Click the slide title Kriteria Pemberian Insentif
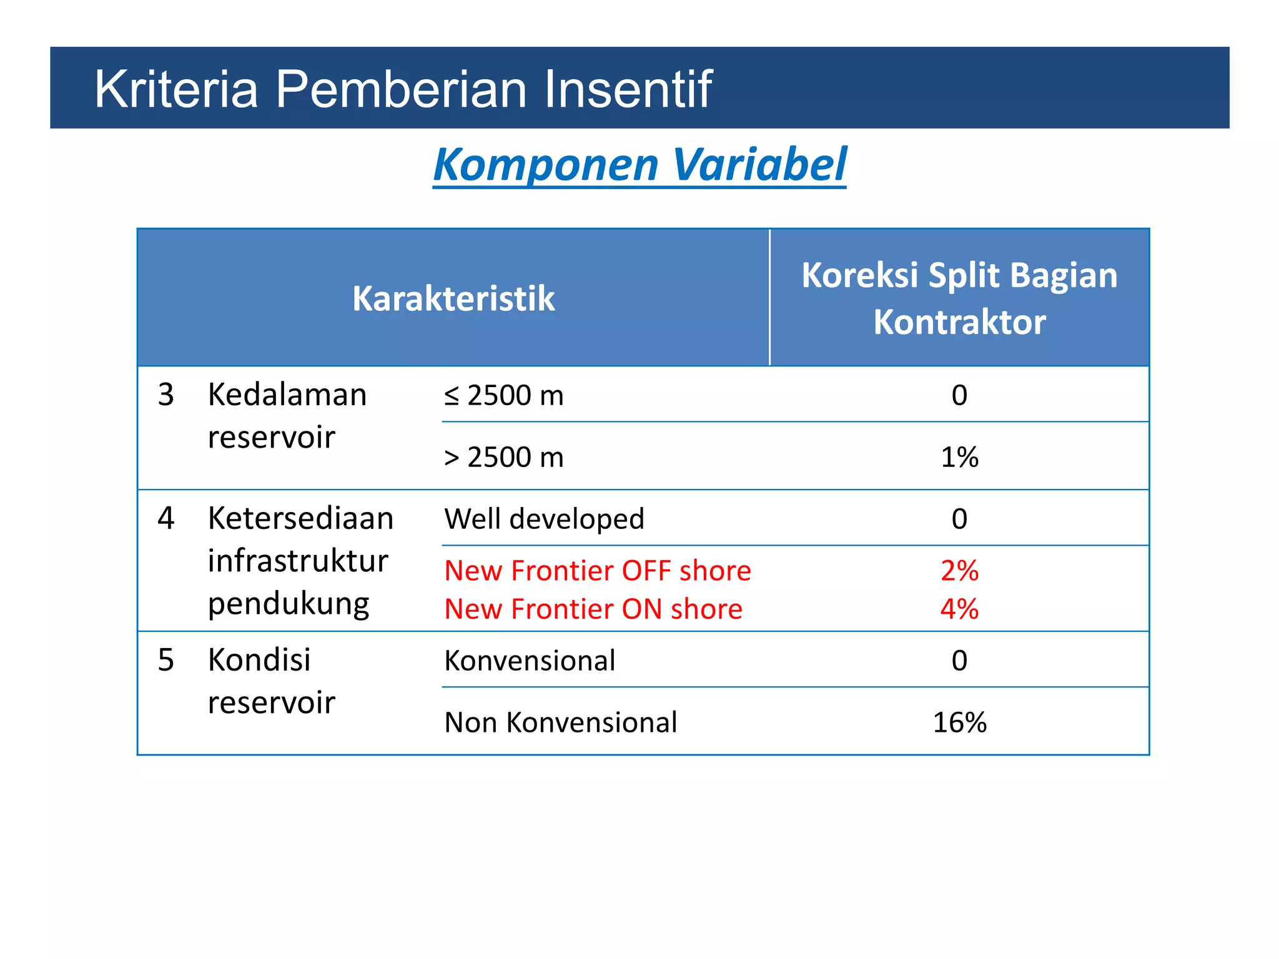tap(403, 89)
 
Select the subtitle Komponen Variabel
tap(639, 165)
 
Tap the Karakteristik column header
tap(453, 298)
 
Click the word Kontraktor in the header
tap(959, 322)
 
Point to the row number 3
tap(166, 395)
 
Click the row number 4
tap(166, 518)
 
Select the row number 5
tap(166, 660)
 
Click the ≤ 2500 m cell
tap(504, 395)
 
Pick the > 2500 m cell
tap(504, 457)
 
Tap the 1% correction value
tap(959, 457)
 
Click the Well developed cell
tap(544, 519)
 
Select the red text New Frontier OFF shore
tap(598, 571)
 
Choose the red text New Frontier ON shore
tap(593, 609)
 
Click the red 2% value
tap(959, 571)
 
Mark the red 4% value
tap(959, 609)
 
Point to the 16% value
tap(959, 722)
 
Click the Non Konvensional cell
tap(560, 722)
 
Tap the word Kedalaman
tap(287, 395)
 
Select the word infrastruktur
tap(298, 561)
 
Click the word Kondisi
tap(259, 660)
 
